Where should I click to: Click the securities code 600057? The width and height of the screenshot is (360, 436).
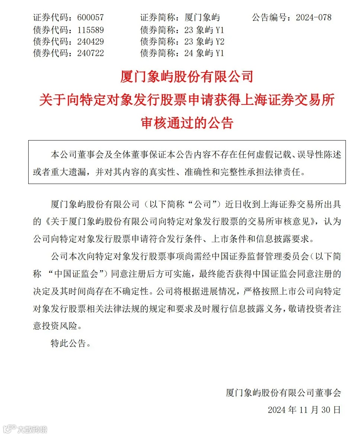90,17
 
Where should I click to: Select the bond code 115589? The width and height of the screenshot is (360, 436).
90,29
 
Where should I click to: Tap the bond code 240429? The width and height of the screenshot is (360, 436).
90,41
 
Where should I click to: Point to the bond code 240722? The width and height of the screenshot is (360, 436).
90,53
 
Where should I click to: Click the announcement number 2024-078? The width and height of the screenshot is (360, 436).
313,17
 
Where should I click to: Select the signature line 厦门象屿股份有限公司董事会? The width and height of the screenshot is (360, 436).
283,393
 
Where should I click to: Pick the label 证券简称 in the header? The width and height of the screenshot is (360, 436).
158,17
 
